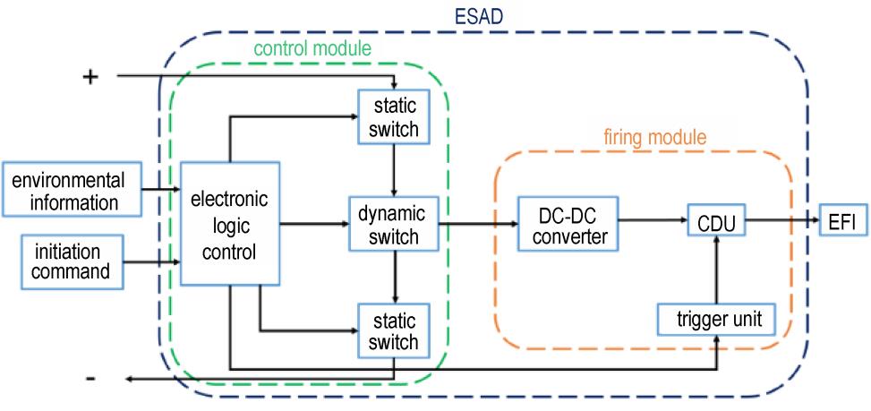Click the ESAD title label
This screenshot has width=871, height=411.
[x=479, y=17]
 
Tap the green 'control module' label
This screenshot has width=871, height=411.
[x=312, y=48]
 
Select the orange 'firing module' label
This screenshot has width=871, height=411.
[x=655, y=137]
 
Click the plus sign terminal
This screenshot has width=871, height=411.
[x=90, y=77]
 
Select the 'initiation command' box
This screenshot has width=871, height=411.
[x=72, y=262]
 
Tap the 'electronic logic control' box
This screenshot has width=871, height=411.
[x=229, y=224]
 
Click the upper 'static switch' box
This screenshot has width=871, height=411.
[x=394, y=117]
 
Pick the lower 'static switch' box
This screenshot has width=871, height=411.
[x=394, y=330]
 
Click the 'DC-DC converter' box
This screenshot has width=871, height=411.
[x=568, y=225]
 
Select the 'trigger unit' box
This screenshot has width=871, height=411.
[x=716, y=320]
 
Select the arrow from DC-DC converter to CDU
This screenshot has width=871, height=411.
[x=653, y=220]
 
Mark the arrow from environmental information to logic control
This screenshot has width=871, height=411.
[x=161, y=190]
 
